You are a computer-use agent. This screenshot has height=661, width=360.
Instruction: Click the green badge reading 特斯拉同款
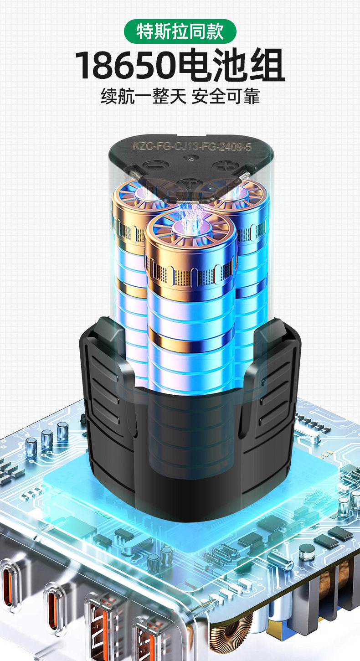pyautogui.click(x=180, y=31)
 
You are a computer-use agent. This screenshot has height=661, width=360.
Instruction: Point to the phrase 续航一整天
pyautogui.click(x=144, y=96)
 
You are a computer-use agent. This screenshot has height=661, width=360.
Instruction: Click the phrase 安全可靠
pyautogui.click(x=226, y=96)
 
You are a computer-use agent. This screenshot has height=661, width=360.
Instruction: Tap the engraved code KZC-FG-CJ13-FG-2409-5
pyautogui.click(x=192, y=146)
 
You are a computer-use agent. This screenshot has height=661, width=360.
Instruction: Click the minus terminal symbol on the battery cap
pyautogui.click(x=153, y=165)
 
